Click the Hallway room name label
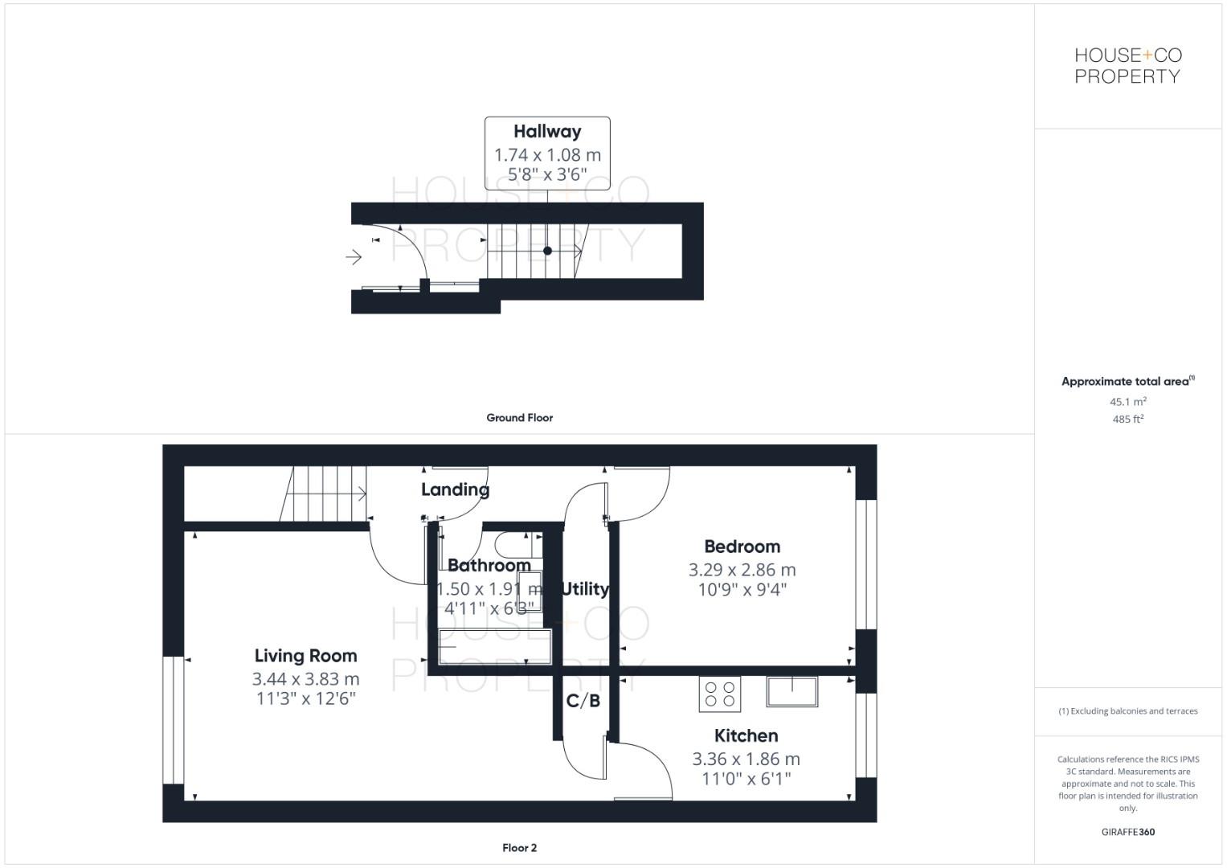[547, 132]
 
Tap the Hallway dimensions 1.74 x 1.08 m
[547, 155]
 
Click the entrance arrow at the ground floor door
[354, 257]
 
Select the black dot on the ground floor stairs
[547, 251]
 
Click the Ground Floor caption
[519, 418]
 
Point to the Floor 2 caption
[519, 848]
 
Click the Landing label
[455, 489]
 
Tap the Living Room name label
[305, 656]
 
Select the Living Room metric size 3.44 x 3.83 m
[305, 679]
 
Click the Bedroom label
[742, 547]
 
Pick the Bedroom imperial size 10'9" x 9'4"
[742, 590]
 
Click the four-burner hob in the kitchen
[719, 694]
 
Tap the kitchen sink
[791, 692]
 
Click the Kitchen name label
[746, 735]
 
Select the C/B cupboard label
[583, 701]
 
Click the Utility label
[585, 589]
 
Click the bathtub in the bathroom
[495, 647]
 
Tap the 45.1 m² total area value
[1127, 402]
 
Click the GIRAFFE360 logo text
[1127, 832]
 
